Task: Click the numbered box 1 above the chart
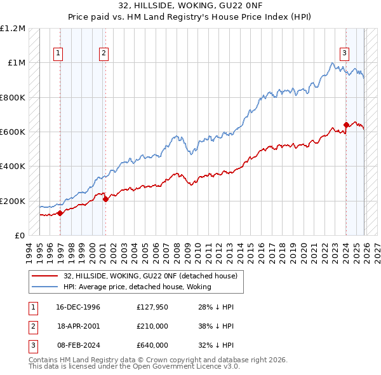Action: tap(58, 53)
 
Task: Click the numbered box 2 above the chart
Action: tap(103, 53)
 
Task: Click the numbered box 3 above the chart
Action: tap(344, 53)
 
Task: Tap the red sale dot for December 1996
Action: tap(60, 214)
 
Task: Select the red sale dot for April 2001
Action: tap(105, 200)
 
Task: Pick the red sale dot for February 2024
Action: tap(346, 125)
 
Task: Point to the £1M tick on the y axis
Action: tap(17, 63)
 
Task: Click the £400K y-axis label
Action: tap(13, 167)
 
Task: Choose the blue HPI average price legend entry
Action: tap(140, 287)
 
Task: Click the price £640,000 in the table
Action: tap(152, 345)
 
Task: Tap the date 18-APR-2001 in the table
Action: tap(77, 326)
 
